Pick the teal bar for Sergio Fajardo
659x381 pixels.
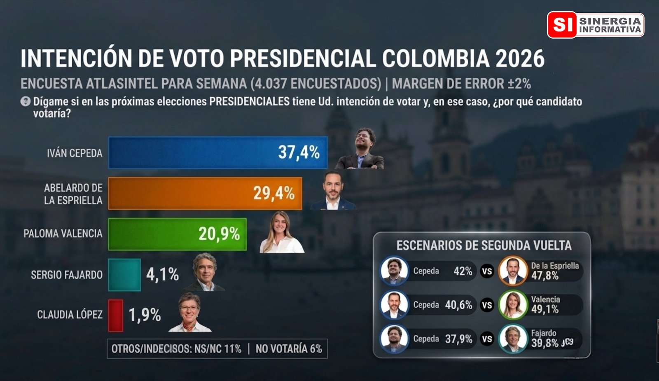pos(124,275)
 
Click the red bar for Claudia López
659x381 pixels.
pos(116,316)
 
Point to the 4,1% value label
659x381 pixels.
pos(162,275)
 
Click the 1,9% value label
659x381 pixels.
pos(145,316)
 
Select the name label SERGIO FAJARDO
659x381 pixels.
pos(67,275)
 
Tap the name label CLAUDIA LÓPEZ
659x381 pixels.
pos(70,315)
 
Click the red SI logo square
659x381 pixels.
pos(562,25)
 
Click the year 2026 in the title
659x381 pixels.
pos(520,58)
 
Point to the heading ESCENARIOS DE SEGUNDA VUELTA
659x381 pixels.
pos(484,245)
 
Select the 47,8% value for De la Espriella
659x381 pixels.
pos(544,276)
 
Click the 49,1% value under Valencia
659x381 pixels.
pos(544,309)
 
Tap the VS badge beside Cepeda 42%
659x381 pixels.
pos(487,271)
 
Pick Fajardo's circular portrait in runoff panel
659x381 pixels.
pos(513,339)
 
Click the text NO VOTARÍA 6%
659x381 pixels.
pos(288,349)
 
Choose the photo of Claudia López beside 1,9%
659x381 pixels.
pos(189,313)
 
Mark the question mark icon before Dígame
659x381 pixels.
pos(26,101)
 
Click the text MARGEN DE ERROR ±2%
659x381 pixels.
pos(461,84)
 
